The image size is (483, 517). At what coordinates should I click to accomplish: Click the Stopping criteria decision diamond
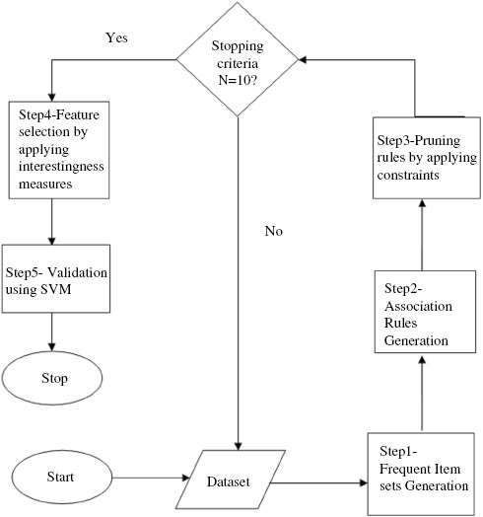pyautogui.click(x=237, y=59)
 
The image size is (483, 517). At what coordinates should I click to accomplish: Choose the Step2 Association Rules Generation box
pyautogui.click(x=420, y=314)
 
